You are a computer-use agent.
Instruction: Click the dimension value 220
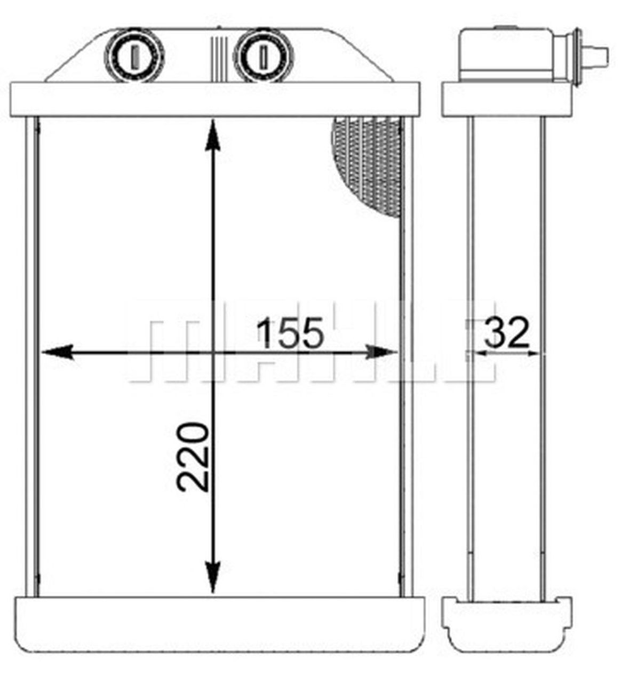click(x=193, y=457)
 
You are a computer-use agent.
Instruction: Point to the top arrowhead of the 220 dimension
click(x=213, y=133)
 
